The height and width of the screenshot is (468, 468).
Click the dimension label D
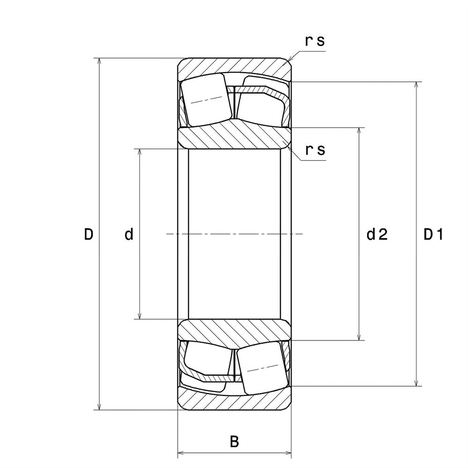[x=88, y=234]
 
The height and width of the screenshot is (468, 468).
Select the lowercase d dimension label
[x=129, y=234]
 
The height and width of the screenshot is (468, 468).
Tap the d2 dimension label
[x=377, y=234]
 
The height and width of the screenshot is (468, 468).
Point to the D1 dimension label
[x=433, y=234]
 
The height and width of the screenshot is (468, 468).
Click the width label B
[x=234, y=441]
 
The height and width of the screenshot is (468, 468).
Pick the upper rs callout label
[x=315, y=41]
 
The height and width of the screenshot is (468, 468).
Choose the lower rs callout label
[x=315, y=150]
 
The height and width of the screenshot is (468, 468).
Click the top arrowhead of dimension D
[x=99, y=62]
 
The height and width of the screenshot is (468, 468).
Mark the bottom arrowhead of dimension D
[x=99, y=406]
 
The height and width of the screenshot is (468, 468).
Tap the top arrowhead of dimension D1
[x=416, y=86]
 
